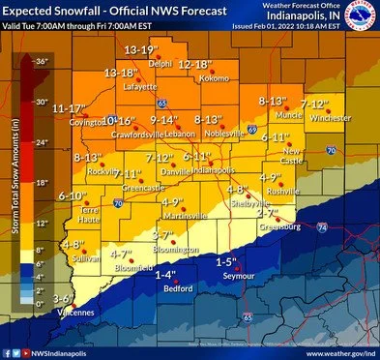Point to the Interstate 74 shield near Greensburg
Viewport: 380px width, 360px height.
[x=321, y=225]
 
